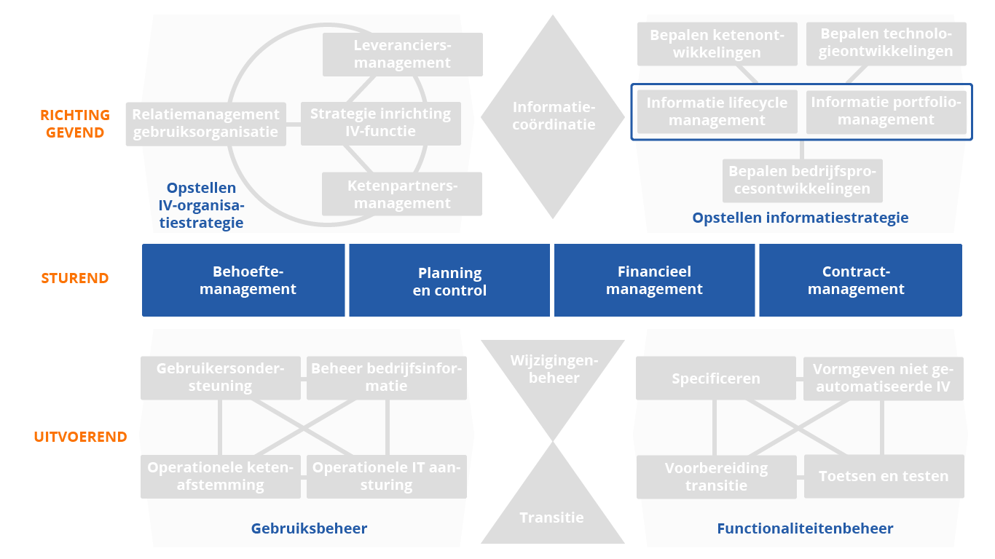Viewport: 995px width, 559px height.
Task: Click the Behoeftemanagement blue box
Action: [x=243, y=280]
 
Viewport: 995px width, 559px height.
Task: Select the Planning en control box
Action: [x=449, y=281]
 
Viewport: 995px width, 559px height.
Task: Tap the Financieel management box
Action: [x=654, y=280]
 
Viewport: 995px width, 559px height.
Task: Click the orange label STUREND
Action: [x=75, y=278]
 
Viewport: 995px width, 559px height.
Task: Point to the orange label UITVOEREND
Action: [x=80, y=437]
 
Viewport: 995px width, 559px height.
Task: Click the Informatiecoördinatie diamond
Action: [x=553, y=116]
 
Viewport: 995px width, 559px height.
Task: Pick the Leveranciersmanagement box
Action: [x=402, y=54]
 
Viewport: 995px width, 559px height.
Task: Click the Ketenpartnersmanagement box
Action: [x=402, y=194]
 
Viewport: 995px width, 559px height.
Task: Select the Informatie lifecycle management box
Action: [x=717, y=111]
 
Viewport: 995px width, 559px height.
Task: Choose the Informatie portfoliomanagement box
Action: [x=886, y=111]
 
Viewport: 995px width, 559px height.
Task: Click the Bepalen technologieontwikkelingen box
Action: [x=885, y=43]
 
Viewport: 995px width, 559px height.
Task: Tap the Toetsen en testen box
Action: [x=884, y=477]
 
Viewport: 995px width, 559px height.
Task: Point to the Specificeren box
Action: [x=716, y=378]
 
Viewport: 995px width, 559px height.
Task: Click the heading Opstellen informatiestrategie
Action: [x=800, y=217]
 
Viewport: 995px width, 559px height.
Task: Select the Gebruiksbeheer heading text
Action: [x=309, y=528]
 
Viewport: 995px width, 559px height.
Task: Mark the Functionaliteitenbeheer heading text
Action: [x=805, y=528]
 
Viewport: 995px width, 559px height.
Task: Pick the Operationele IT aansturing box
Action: [x=386, y=477]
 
